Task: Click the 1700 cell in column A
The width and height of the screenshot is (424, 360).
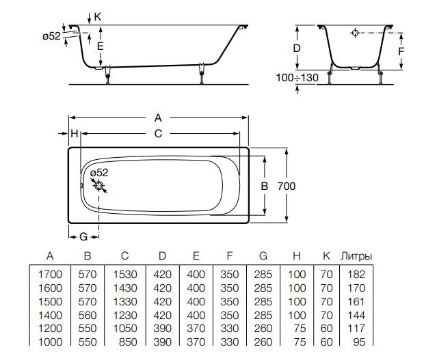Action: [x=50, y=274]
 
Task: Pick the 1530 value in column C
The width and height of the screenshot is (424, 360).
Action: [x=124, y=274]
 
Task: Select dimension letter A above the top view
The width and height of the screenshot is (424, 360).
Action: [x=158, y=116]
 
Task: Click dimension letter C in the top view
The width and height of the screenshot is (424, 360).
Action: [x=158, y=133]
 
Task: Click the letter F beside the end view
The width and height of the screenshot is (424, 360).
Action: [x=402, y=51]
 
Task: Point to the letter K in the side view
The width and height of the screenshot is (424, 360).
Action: [x=98, y=15]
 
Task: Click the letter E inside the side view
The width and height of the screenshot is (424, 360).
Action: [x=100, y=46]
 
